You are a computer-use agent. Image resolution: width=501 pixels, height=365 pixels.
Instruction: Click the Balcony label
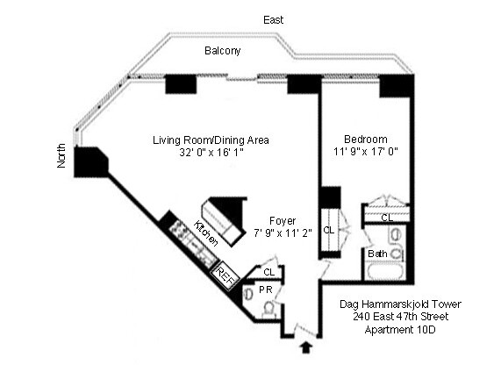[223, 51]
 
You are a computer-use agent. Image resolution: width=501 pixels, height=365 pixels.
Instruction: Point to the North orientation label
[61, 155]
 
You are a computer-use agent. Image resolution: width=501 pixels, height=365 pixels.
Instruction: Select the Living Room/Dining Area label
[211, 140]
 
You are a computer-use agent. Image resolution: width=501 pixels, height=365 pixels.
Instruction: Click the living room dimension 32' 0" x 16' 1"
[211, 153]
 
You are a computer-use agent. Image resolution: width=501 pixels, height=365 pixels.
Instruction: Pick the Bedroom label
[365, 140]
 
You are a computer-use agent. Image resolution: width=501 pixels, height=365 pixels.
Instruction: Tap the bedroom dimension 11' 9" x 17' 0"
[365, 152]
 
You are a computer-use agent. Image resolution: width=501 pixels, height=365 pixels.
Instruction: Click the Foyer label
[283, 221]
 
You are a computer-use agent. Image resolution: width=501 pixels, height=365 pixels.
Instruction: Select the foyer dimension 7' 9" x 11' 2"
[283, 233]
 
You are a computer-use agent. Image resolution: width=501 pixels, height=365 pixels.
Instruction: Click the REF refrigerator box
[226, 276]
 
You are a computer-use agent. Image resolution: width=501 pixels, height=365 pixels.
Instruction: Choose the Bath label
[377, 254]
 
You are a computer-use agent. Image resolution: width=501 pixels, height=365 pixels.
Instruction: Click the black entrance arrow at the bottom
[305, 347]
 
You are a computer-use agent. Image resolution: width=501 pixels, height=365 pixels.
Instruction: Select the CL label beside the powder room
[268, 272]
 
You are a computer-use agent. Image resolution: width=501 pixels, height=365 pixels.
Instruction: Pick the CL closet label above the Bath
[387, 217]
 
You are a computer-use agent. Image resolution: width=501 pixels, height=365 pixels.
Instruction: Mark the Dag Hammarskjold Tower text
[399, 304]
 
